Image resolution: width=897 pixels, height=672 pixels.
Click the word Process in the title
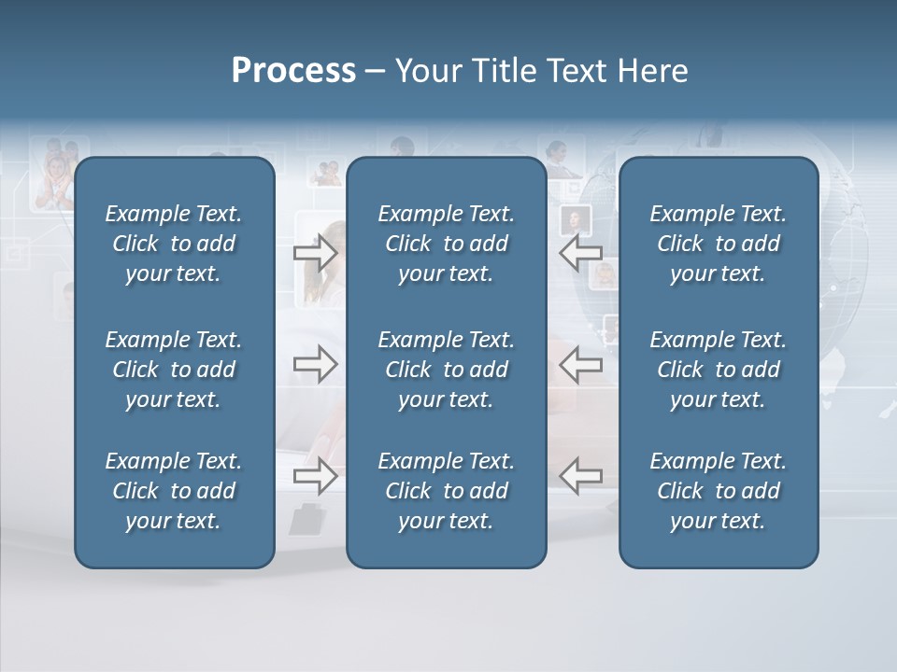pos(293,71)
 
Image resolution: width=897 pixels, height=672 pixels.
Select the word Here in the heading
pos(653,71)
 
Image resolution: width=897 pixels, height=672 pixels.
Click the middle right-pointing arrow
pos(315,363)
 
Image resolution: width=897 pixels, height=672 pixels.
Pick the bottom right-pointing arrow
pos(315,476)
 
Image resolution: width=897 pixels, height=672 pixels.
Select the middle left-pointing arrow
pos(580,363)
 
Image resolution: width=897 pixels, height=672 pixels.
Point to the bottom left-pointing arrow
pos(580,476)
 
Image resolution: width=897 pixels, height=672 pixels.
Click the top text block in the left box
pos(174,244)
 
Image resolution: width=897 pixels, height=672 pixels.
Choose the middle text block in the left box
pos(174,370)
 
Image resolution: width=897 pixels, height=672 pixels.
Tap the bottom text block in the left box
pos(174,491)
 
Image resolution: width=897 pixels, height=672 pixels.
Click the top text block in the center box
pos(446,244)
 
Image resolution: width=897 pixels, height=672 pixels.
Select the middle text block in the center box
pos(446,370)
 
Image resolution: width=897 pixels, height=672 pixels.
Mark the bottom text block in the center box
pos(446,491)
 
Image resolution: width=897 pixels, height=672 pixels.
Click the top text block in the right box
pos(718,244)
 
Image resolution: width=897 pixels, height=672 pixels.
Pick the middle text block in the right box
pos(718,370)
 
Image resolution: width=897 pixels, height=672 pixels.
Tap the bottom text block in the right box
pos(718,491)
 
